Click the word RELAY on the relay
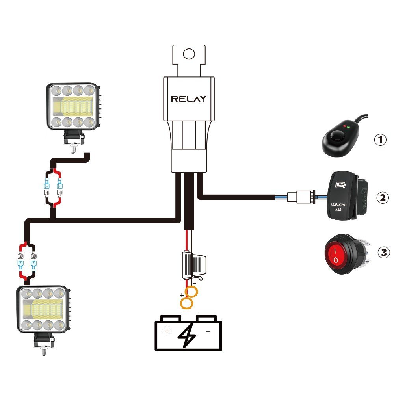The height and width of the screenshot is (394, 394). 188,99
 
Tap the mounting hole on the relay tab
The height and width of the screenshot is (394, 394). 190,54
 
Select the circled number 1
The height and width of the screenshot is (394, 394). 380,139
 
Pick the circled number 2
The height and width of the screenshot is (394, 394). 382,197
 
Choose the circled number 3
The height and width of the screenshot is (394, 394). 383,252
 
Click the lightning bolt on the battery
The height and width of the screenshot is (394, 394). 188,333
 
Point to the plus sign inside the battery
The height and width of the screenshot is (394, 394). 167,331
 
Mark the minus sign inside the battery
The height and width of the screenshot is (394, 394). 208,331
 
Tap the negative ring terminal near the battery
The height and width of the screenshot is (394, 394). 192,292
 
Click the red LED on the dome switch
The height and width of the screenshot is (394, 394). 344,127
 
